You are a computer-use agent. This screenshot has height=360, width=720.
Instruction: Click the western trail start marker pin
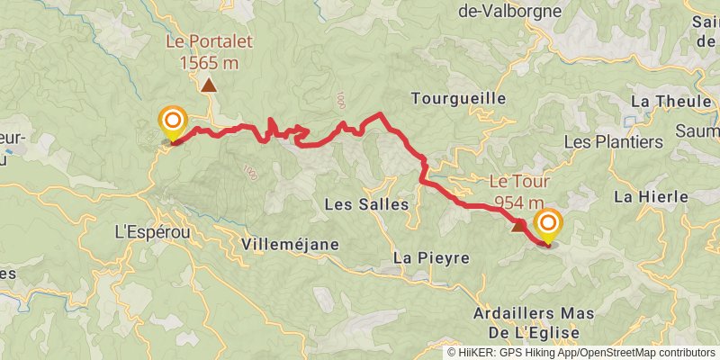[172, 121]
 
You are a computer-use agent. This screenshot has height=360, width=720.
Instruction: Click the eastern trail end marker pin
[546, 223]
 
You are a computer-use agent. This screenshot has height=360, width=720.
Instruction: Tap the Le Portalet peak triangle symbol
[209, 85]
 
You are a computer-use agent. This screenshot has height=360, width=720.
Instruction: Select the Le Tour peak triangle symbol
[517, 225]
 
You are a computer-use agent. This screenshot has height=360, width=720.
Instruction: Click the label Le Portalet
[209, 40]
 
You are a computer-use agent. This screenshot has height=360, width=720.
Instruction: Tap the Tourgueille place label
[458, 97]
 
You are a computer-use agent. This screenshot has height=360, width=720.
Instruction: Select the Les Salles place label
[366, 204]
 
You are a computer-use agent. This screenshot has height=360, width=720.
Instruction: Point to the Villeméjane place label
[290, 244]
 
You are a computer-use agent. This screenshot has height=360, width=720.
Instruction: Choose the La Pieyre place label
[432, 258]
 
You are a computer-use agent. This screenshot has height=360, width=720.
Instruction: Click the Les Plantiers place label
[613, 142]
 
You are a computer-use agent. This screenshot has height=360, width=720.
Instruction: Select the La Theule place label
[671, 101]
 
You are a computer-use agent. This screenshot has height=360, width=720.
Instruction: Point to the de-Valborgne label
[509, 12]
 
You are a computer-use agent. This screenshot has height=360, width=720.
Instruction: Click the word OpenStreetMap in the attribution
[616, 352]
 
